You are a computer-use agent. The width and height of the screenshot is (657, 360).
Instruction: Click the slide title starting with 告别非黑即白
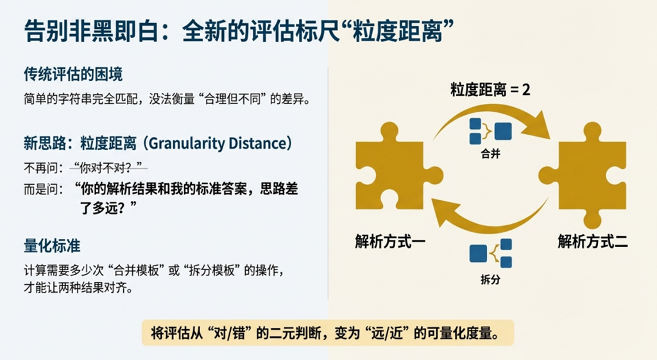pos(239,31)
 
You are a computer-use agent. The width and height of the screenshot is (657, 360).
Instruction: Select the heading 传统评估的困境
pos(73,74)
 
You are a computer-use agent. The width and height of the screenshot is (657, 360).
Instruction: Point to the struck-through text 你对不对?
pos(108,168)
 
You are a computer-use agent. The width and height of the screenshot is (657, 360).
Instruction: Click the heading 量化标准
pos(52,246)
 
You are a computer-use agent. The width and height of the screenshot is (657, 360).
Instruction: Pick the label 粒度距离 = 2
pos(490,90)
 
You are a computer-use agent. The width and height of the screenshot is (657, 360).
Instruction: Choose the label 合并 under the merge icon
pos(491,154)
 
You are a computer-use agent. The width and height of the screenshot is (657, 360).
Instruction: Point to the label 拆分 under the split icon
pos(491,279)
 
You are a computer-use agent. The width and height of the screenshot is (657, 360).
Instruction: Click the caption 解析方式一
pos(390,241)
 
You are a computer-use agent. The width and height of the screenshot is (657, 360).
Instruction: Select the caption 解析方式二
pos(592,241)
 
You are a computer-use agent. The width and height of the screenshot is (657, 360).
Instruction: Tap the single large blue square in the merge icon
pos(503,131)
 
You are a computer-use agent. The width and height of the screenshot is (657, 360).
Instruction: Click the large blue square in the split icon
pos(478,253)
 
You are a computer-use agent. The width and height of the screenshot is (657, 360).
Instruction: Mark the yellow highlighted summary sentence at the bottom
pos(328,333)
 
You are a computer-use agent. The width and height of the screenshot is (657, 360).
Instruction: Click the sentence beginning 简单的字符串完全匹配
pos(167,99)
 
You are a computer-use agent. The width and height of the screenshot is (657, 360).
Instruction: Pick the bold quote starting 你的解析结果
pos(187,198)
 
